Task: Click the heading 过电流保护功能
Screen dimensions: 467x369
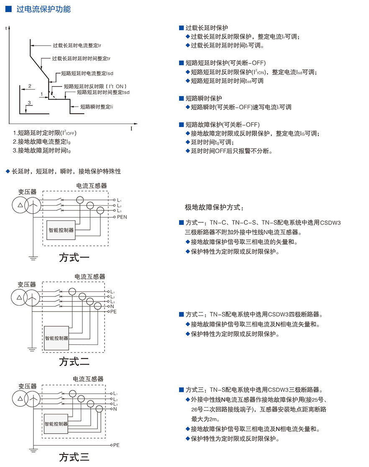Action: coord(43,9)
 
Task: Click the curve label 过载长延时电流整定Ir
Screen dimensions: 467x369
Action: coord(76,45)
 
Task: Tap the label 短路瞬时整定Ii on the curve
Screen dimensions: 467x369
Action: coord(96,107)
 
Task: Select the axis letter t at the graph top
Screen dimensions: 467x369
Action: coord(6,28)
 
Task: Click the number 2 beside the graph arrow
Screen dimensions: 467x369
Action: coord(30,86)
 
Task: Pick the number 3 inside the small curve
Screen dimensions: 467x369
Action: coord(29,102)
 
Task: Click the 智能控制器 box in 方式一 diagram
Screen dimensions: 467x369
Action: coord(61,230)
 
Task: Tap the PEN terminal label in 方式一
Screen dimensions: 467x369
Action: coord(122,217)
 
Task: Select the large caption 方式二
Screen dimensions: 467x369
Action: coord(74,360)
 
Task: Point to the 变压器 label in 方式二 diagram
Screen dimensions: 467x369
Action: coord(27,284)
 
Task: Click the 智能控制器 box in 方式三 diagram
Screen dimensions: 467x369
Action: coord(56,423)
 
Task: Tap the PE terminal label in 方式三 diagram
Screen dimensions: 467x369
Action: coord(116,445)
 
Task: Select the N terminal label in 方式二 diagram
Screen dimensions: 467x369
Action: coord(112,306)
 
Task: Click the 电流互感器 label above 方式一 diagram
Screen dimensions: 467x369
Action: coord(92,185)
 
